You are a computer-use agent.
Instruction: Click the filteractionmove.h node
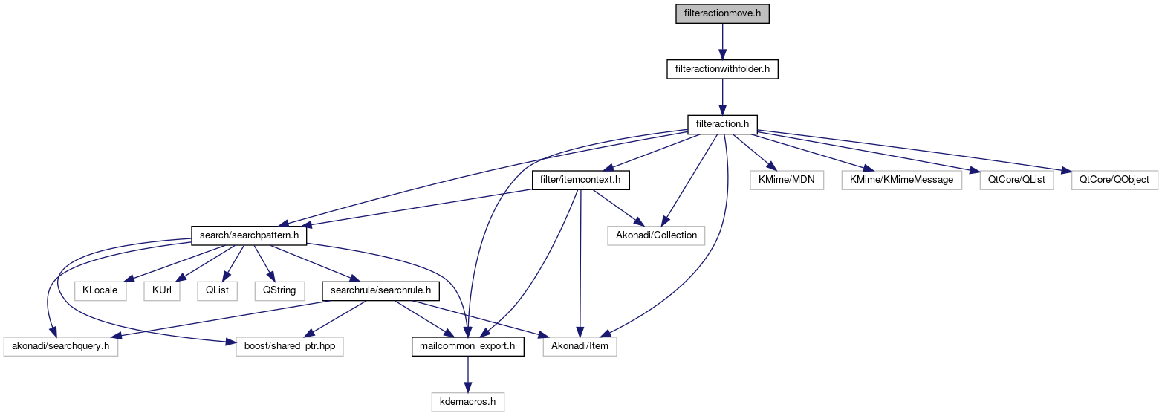[x=722, y=14]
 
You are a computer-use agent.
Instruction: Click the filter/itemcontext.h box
[x=581, y=180]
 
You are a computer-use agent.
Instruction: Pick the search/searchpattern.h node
[x=249, y=235]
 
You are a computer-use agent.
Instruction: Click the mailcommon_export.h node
[x=467, y=346]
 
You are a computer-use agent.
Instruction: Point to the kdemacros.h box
[x=467, y=402]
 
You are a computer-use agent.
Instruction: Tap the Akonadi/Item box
[x=580, y=346]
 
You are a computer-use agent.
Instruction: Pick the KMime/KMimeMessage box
[x=901, y=180]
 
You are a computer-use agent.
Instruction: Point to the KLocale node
[x=100, y=290]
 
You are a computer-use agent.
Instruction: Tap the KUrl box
[x=162, y=290]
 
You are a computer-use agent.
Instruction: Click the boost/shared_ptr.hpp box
[x=290, y=346]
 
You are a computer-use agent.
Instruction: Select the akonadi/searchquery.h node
[x=61, y=346]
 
